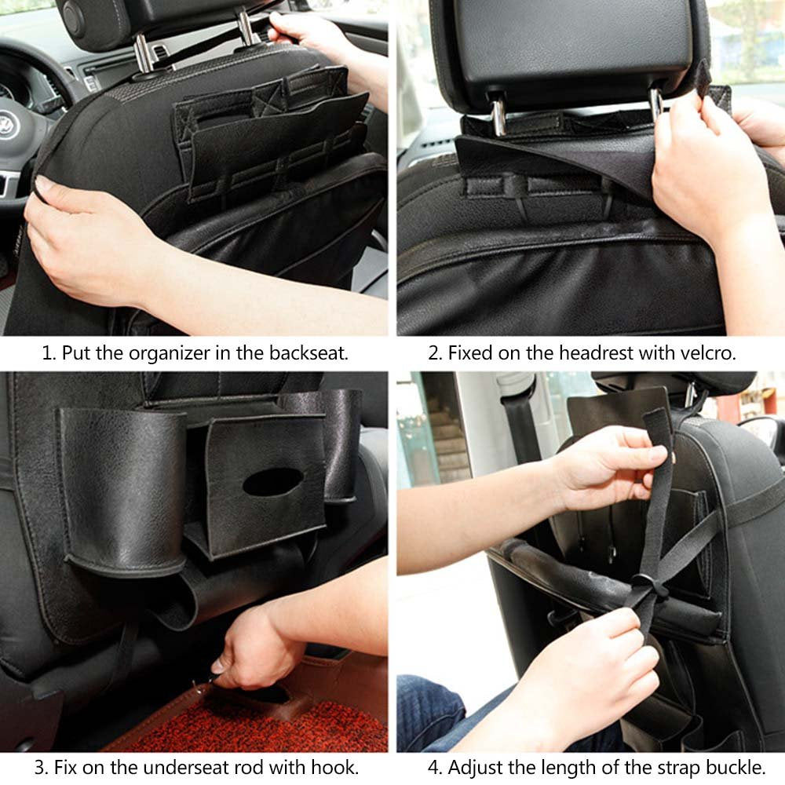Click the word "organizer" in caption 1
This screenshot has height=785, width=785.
pos(170,354)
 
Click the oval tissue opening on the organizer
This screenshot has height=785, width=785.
pos(273,482)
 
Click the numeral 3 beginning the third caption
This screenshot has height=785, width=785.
pos(39,767)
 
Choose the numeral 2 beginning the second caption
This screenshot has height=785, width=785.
pos(433,353)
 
